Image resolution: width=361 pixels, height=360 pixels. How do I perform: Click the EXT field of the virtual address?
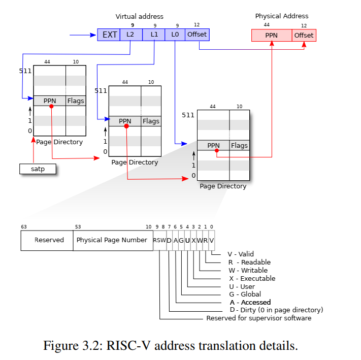[x=109, y=35]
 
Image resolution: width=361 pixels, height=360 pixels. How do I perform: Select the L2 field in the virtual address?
[x=130, y=35]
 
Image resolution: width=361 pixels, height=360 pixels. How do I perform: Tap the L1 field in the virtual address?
[x=154, y=35]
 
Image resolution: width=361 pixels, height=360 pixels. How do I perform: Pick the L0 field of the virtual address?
[x=175, y=35]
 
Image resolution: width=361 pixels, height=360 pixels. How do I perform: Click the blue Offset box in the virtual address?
[x=197, y=35]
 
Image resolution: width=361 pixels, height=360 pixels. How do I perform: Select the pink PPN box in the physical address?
[x=272, y=36]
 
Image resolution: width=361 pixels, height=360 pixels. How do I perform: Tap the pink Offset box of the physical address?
[x=304, y=36]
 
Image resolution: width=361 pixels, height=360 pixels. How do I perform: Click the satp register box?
[x=38, y=169]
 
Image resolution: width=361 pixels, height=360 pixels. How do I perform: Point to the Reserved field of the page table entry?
[x=49, y=240]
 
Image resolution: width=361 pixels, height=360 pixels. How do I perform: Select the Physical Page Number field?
[x=112, y=240]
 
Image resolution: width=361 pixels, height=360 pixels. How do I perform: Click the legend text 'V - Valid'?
[x=241, y=254]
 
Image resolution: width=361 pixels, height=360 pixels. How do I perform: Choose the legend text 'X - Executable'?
[x=251, y=278]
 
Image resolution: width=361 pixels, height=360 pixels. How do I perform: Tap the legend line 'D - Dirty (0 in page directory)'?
[x=276, y=310]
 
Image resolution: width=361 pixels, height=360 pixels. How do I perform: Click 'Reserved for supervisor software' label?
[x=258, y=318]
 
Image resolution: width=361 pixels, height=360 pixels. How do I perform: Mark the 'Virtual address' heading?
[x=139, y=17]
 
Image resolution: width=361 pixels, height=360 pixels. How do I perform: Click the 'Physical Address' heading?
[x=281, y=16]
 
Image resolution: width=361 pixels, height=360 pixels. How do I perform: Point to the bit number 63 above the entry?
[x=24, y=226]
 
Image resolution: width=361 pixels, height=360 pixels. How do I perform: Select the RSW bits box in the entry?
[x=159, y=240]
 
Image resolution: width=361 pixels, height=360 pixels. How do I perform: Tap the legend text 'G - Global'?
[x=245, y=294]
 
